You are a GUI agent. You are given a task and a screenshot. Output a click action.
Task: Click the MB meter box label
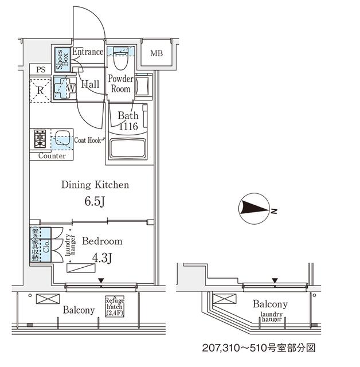coord(156,54)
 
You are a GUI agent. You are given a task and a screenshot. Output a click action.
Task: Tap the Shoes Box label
coord(59,59)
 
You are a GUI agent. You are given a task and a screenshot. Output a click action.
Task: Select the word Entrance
coord(88,52)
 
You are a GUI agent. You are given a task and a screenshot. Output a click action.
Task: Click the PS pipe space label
coord(40,70)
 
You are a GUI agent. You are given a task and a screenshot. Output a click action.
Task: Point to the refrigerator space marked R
coord(40,90)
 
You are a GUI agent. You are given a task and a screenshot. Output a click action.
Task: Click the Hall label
coord(90,84)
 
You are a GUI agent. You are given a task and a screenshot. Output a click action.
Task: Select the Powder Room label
coord(120,84)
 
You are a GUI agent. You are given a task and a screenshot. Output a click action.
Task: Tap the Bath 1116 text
coord(128,121)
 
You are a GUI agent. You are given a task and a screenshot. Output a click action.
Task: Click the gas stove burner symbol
coord(40,138)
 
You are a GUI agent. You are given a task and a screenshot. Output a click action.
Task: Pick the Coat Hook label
coord(87,139)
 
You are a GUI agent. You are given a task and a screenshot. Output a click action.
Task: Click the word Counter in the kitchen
coord(52,156)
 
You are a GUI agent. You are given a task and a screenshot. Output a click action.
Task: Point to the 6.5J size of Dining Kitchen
coord(95,202)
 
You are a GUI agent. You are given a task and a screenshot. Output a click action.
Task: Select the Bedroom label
coord(101,241)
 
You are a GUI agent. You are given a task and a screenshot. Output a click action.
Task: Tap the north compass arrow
coord(255,210)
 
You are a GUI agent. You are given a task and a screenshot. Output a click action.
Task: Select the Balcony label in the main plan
coord(79,310)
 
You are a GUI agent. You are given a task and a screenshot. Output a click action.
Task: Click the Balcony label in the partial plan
coord(270,304)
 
